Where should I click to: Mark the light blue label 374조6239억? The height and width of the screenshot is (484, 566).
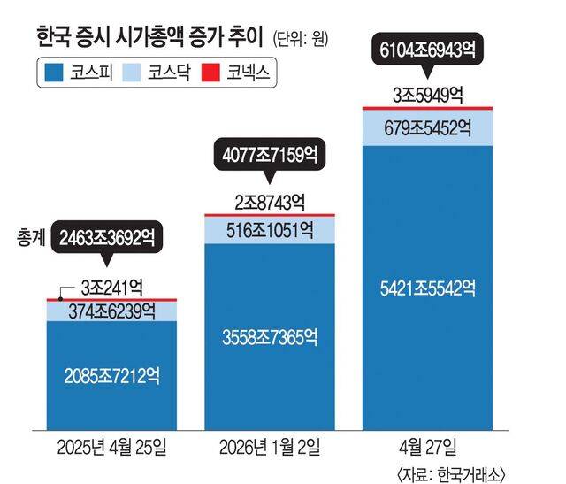pos(111,311)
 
